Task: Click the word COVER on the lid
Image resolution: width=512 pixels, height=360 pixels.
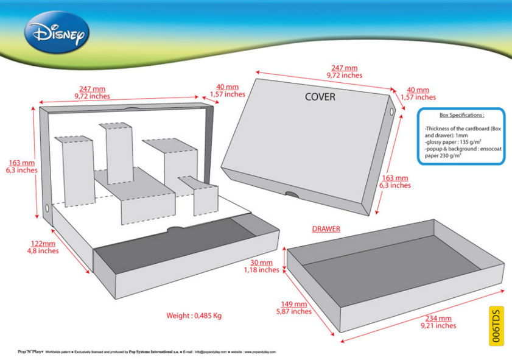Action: click(x=320, y=97)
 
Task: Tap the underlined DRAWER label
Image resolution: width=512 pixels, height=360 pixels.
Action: click(x=326, y=229)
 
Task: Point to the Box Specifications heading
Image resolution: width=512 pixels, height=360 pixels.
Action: click(x=461, y=115)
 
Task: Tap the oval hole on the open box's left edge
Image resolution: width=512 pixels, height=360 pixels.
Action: click(x=47, y=208)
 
